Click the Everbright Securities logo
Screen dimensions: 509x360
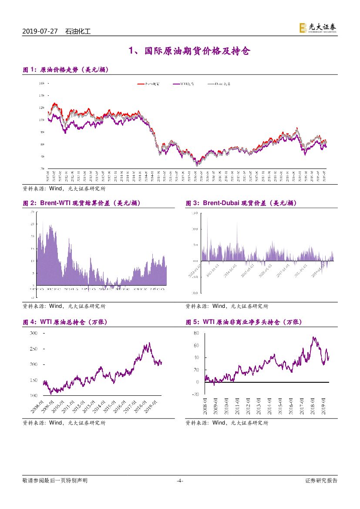tap(318, 28)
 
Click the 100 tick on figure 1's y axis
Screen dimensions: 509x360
tap(42, 120)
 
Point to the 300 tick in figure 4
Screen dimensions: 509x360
tap(34, 333)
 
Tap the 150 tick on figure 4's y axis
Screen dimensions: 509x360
tap(34, 380)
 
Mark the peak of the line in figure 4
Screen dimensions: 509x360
tap(149, 343)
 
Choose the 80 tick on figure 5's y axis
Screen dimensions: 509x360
tap(196, 333)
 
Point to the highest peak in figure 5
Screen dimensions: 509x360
tap(313, 337)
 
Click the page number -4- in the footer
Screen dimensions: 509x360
tap(179, 481)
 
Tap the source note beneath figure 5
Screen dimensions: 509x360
tap(227, 423)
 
